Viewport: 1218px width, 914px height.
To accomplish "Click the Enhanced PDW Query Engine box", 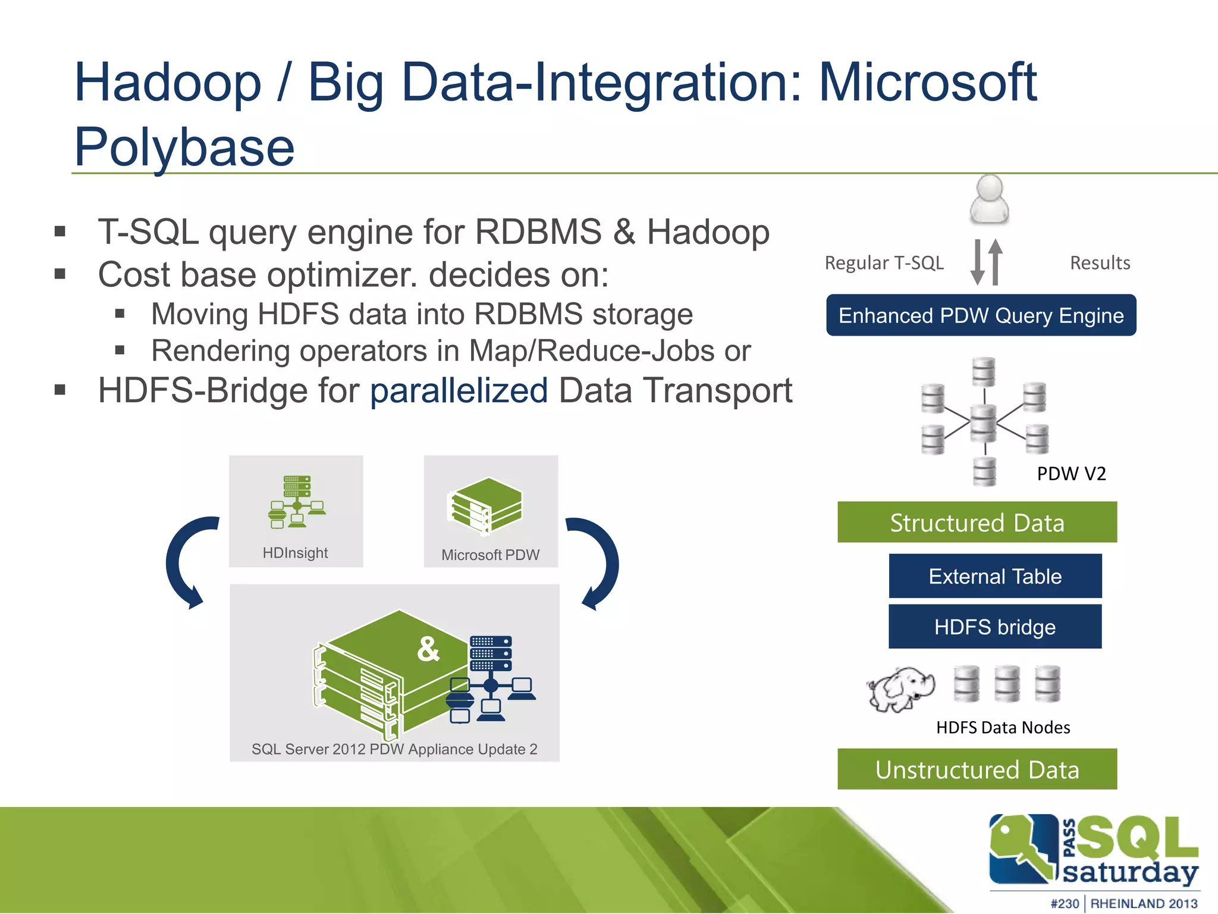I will click(x=981, y=315).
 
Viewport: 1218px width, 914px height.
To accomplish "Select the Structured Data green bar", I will click(x=977, y=522).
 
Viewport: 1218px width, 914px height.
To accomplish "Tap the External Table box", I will click(x=995, y=576).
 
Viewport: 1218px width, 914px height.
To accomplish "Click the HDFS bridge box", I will click(x=994, y=627).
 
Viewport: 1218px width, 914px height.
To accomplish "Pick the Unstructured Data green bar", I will click(x=977, y=769).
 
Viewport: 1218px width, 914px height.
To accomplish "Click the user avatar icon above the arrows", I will click(x=989, y=200).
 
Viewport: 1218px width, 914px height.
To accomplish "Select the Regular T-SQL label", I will click(x=884, y=263).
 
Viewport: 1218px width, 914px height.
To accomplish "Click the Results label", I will click(x=1100, y=263).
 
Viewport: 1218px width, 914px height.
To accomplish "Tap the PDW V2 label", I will click(x=1071, y=474).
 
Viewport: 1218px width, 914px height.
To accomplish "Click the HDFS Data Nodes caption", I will click(x=1003, y=727).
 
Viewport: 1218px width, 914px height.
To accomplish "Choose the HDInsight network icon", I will click(x=296, y=502).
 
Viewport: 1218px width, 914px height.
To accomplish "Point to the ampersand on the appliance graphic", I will click(x=428, y=649).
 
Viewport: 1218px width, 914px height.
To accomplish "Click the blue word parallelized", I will click(x=459, y=391).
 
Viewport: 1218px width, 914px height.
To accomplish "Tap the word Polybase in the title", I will click(x=184, y=147).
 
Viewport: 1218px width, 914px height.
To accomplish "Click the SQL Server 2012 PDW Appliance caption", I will click(x=394, y=749).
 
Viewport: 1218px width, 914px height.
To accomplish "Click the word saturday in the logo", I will click(x=1129, y=872).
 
